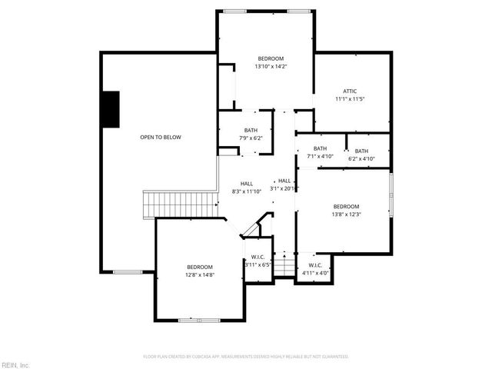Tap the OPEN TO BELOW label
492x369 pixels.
click(161, 137)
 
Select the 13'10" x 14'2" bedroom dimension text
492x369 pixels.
click(271, 67)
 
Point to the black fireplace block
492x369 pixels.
click(111, 108)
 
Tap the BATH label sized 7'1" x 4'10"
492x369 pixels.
click(320, 148)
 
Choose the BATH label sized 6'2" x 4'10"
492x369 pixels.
click(361, 151)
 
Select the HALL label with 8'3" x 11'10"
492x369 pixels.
click(247, 183)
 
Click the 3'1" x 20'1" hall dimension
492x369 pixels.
click(284, 188)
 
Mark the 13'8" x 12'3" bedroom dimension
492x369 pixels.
click(346, 214)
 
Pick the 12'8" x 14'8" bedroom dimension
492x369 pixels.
click(199, 274)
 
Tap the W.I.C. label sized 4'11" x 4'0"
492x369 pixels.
click(315, 264)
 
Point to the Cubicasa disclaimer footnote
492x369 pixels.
click(246, 357)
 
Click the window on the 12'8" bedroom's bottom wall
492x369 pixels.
click(199, 318)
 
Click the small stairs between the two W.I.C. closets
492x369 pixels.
click(285, 263)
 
